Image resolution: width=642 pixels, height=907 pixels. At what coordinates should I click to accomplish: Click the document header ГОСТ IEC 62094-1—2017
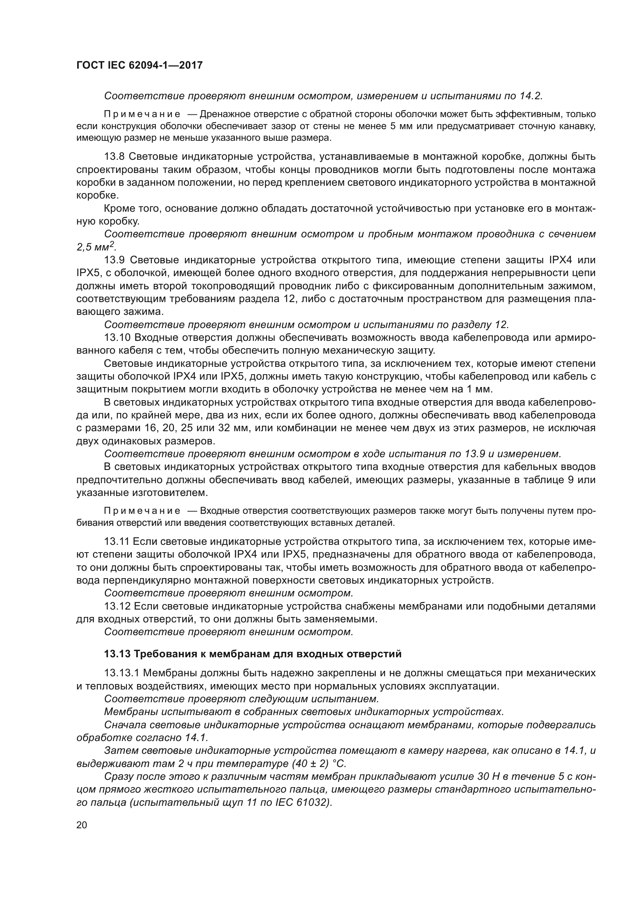139,65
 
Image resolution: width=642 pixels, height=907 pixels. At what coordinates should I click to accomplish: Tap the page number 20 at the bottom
82,825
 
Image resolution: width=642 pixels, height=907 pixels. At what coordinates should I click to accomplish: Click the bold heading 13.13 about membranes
253,654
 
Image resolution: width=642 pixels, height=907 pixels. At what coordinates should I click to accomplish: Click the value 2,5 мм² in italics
96,247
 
